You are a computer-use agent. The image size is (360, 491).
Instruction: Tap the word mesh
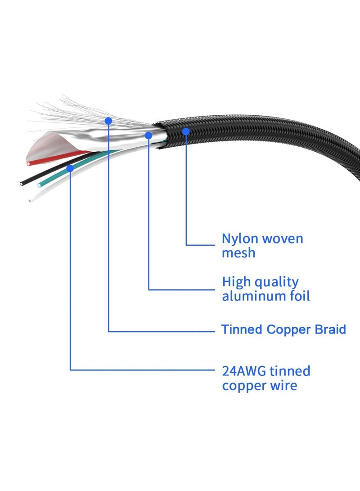click(x=238, y=253)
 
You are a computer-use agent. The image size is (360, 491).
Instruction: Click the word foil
click(x=298, y=297)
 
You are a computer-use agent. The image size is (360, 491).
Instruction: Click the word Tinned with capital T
click(x=241, y=330)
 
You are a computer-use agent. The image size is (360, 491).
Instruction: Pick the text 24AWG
click(x=241, y=372)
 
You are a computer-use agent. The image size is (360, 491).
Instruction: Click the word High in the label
click(x=236, y=282)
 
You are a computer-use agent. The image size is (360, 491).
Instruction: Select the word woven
click(x=283, y=239)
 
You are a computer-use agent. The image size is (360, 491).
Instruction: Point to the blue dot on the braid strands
click(x=108, y=121)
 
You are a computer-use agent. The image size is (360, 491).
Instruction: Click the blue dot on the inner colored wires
click(x=70, y=168)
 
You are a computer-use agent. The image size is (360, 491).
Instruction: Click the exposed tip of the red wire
click(x=29, y=164)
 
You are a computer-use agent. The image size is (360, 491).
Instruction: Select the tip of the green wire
click(x=40, y=185)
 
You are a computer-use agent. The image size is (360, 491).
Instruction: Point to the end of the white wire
click(x=30, y=201)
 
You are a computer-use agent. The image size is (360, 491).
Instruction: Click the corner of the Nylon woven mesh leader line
click(x=186, y=245)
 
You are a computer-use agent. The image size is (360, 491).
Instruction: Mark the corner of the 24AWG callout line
click(x=70, y=370)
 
